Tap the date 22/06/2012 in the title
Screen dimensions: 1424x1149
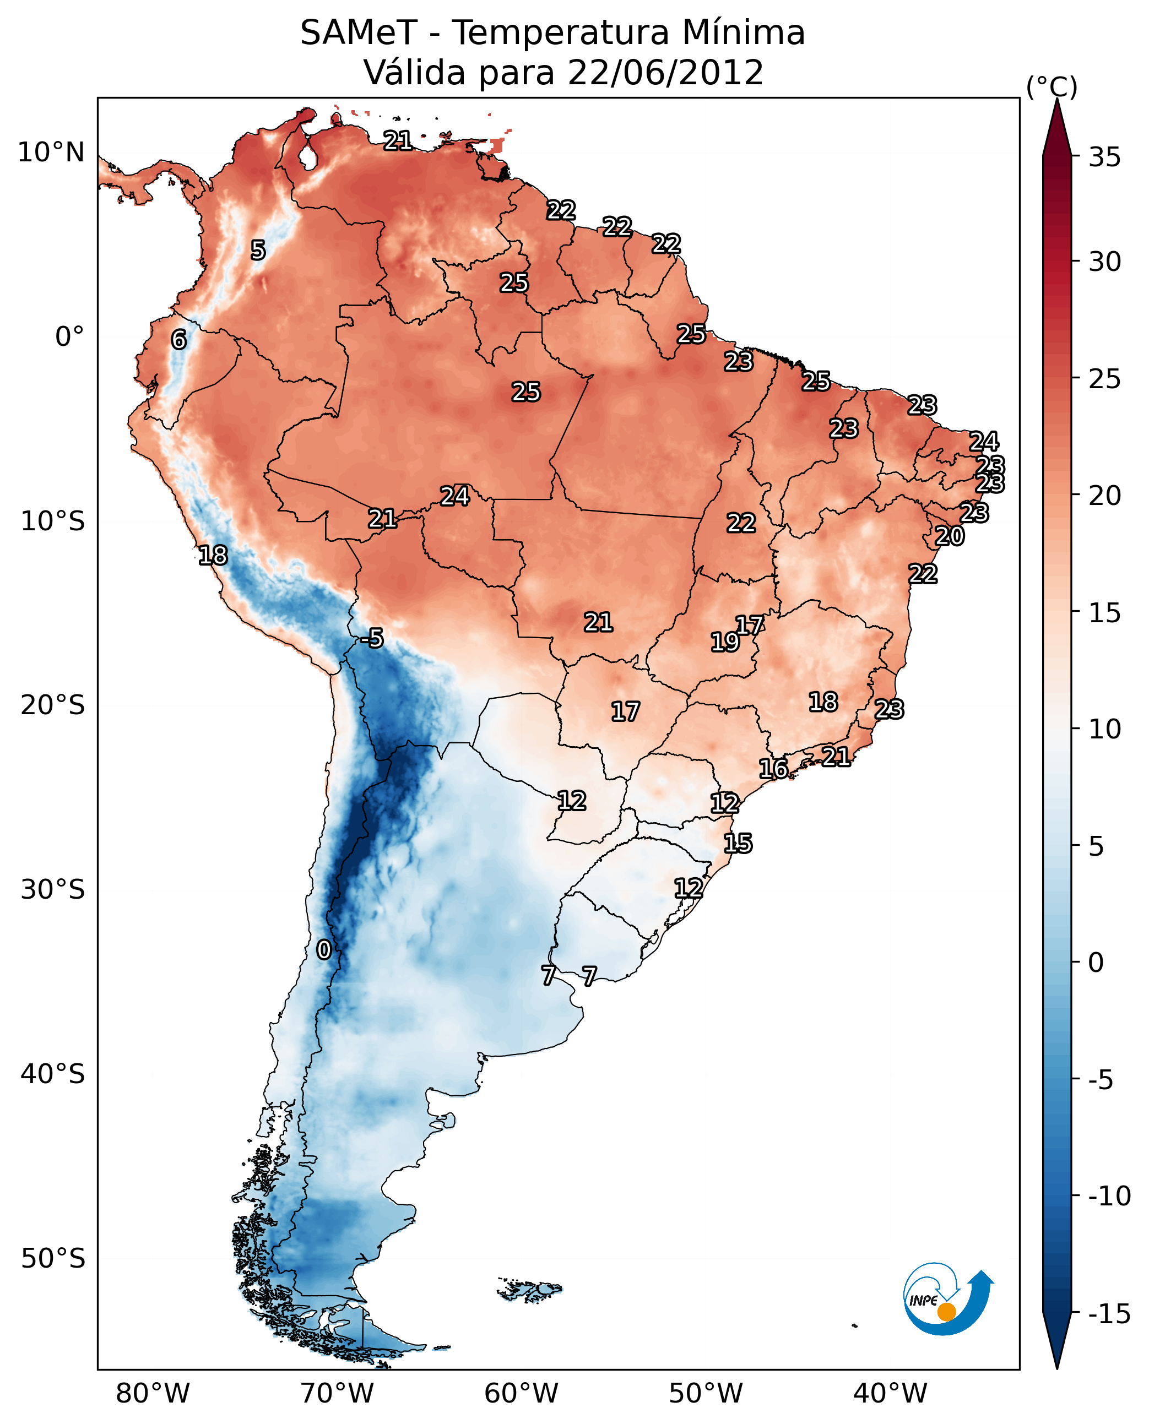[665, 73]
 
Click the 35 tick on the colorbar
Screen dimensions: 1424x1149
[1104, 157]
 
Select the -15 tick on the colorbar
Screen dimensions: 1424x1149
[1109, 1313]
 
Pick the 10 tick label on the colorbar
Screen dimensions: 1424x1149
[1104, 729]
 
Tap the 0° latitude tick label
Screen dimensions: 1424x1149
[69, 337]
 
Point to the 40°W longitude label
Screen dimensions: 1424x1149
[890, 1393]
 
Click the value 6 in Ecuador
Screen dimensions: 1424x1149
[178, 339]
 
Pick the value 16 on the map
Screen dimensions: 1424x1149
[773, 769]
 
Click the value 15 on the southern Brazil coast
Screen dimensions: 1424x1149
[738, 844]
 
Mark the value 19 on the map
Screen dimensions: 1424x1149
[725, 642]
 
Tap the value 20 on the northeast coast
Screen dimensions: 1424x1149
[949, 536]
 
